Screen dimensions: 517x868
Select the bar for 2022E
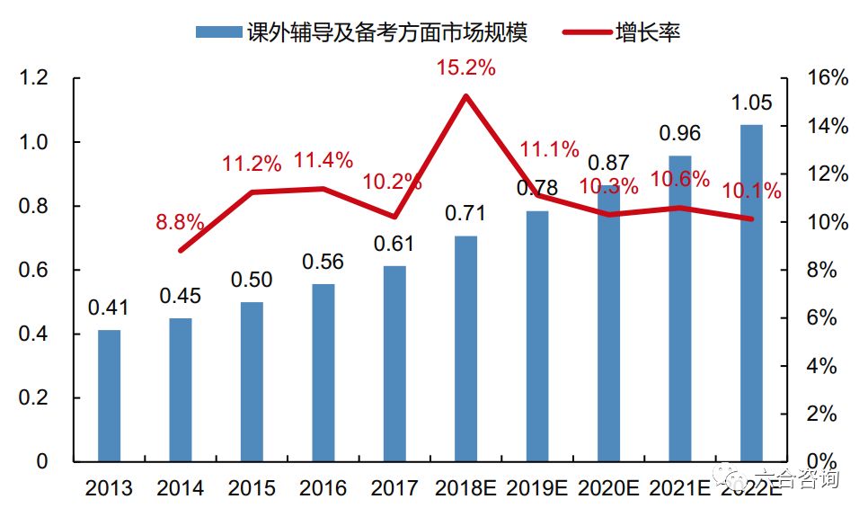click(x=751, y=293)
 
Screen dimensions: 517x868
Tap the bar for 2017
click(x=394, y=363)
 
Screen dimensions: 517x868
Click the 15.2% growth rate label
click(x=465, y=68)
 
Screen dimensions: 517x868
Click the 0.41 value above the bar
click(x=109, y=308)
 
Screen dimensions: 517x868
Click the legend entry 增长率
click(x=647, y=32)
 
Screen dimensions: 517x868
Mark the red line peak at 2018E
click(x=465, y=95)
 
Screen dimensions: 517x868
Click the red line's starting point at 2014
click(x=181, y=250)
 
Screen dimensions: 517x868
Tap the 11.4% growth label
click(x=324, y=161)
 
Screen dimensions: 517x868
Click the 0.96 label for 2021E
click(x=679, y=134)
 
